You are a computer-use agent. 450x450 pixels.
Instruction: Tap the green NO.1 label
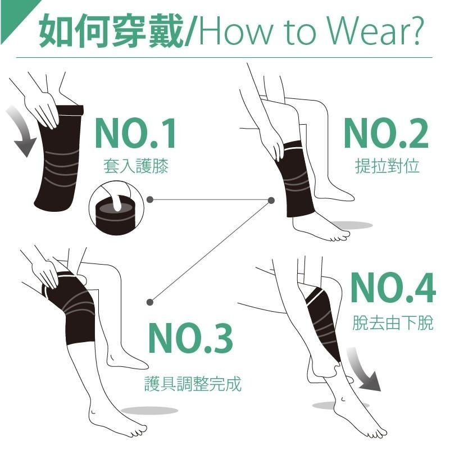pos(135,134)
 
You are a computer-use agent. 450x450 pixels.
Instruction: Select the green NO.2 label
pos(386,134)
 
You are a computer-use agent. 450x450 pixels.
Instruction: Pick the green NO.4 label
pos(393,288)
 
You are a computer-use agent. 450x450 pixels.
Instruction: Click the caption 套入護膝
pos(135,166)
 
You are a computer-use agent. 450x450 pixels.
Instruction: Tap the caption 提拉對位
pos(387,166)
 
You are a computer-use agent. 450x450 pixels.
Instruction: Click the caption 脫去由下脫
pos(393,323)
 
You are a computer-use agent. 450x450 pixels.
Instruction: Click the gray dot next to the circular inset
pos(149,199)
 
